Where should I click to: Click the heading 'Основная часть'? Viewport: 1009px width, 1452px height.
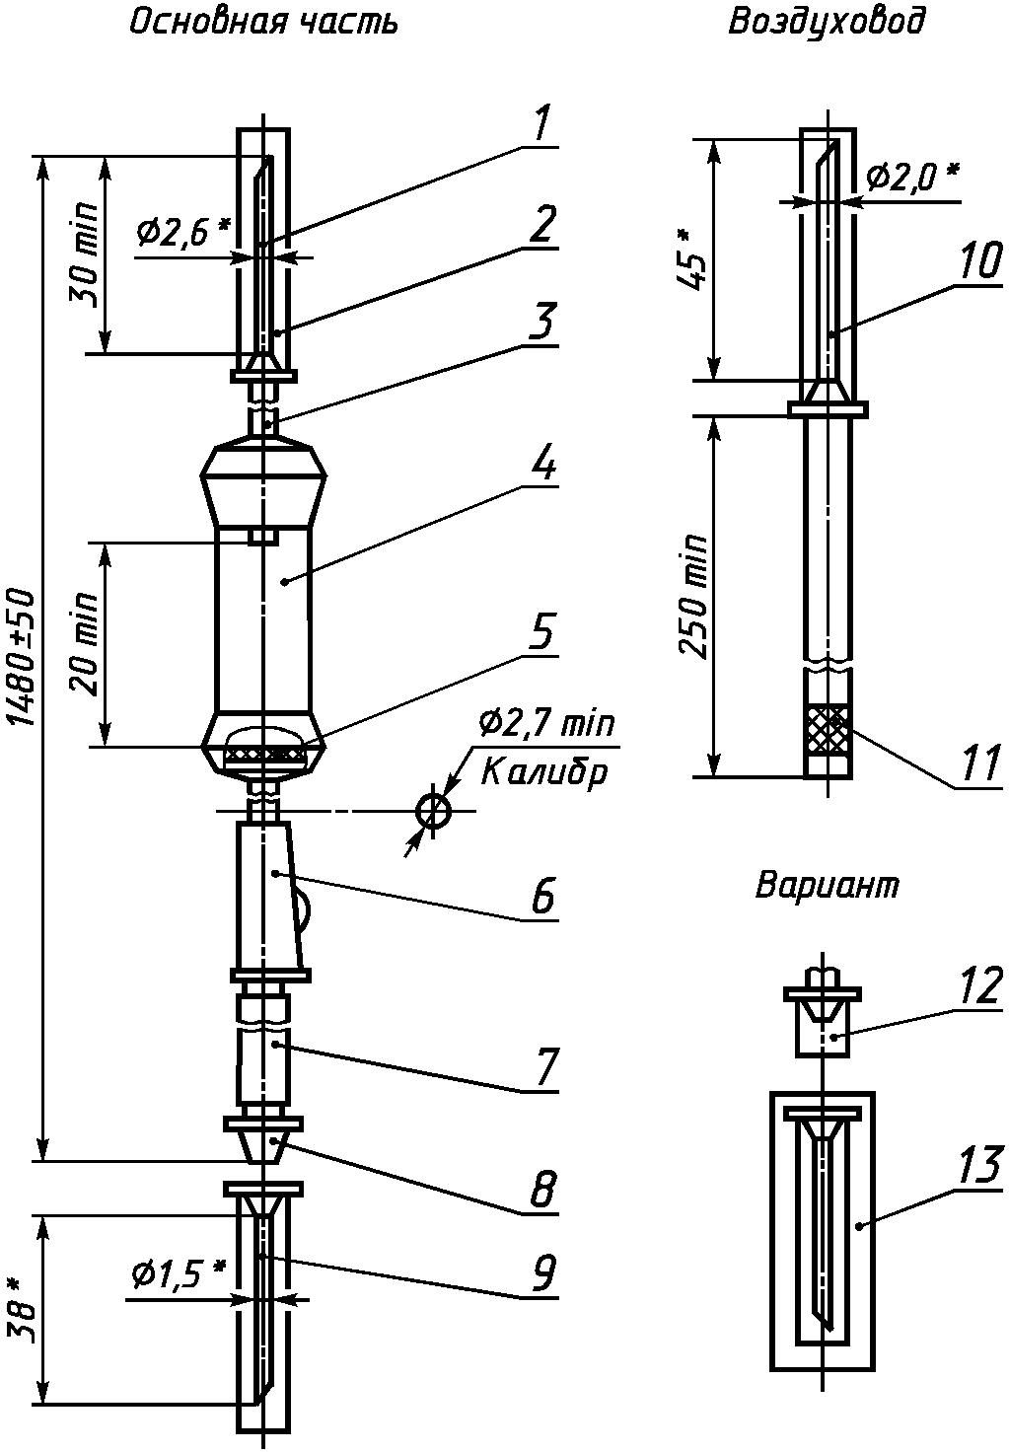click(263, 24)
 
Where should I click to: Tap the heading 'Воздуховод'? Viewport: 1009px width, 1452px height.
click(827, 24)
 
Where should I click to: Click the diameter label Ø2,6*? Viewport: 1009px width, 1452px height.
click(183, 233)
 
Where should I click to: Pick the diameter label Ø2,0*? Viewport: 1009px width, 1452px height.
click(912, 177)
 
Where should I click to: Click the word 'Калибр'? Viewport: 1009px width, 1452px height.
click(544, 771)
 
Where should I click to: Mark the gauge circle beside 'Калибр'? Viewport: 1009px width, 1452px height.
click(434, 810)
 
